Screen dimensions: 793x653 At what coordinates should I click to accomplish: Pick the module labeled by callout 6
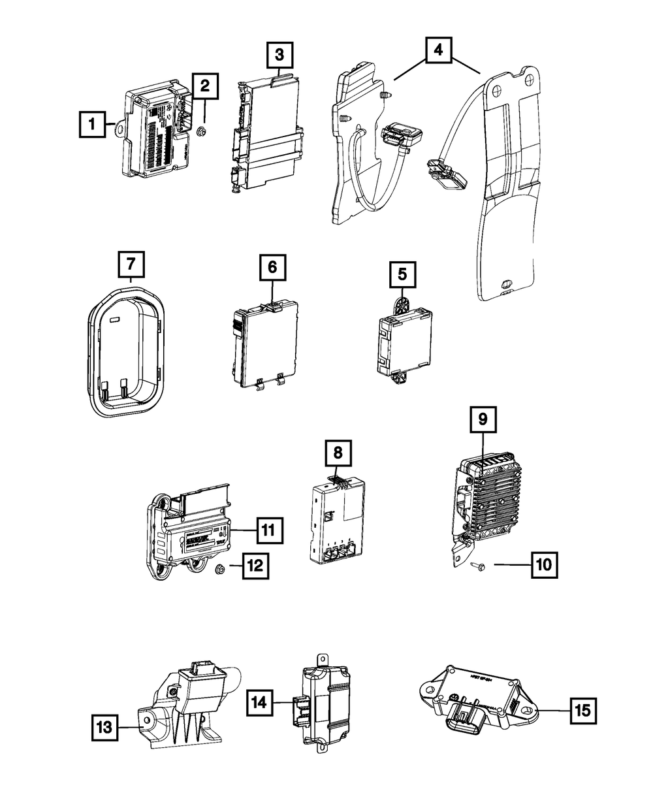click(266, 341)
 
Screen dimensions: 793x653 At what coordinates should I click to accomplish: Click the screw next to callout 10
click(475, 565)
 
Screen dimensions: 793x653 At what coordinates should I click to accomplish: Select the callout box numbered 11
click(269, 530)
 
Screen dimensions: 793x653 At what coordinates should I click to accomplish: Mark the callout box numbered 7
click(131, 264)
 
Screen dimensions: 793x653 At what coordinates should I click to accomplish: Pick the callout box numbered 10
click(543, 564)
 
